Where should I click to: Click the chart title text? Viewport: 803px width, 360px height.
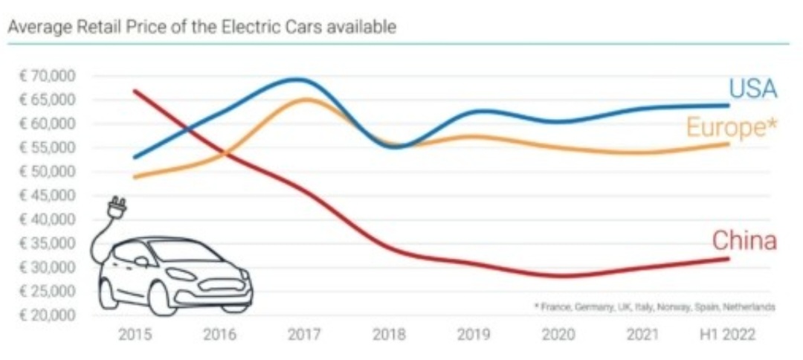tap(201, 27)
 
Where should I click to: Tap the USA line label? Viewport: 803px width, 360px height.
tap(752, 89)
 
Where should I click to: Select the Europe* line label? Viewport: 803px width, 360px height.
tap(732, 127)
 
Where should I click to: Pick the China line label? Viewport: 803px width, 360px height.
tap(744, 240)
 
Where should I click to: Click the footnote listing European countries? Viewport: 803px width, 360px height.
tap(654, 306)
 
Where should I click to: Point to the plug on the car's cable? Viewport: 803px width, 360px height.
tap(117, 206)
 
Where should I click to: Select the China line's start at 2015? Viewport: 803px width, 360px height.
tap(135, 91)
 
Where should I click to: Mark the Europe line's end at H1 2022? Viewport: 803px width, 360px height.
tap(728, 144)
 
